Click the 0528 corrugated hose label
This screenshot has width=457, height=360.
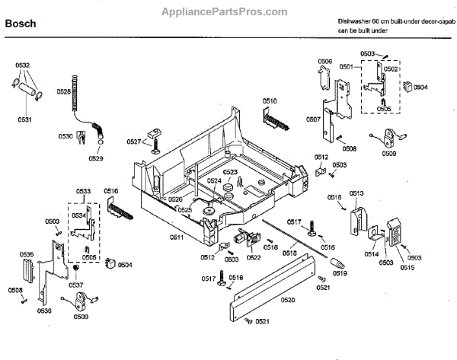tap(64, 91)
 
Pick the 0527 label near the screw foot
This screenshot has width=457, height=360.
tap(134, 142)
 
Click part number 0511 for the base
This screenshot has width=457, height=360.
tap(177, 238)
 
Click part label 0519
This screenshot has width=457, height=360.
tap(339, 272)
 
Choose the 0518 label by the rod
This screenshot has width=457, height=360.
tap(290, 253)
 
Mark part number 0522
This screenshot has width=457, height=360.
tap(254, 257)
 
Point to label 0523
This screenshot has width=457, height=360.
tap(229, 172)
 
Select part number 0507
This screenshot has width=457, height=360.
tap(313, 119)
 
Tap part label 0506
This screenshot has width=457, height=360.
tap(324, 61)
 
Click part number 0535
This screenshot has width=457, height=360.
tap(27, 254)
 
